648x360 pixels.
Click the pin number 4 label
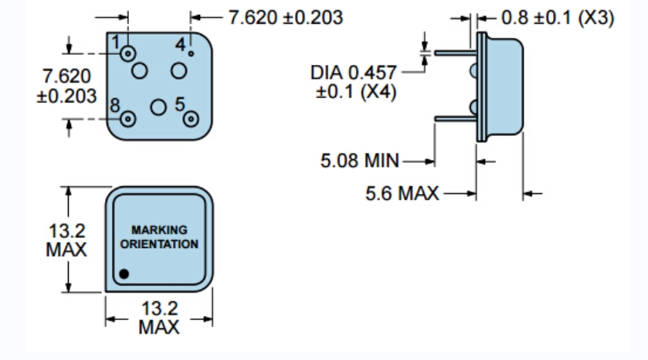tap(180, 45)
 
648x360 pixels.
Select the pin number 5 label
tap(180, 102)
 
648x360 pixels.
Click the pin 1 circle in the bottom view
tap(127, 54)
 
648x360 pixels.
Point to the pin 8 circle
tap(127, 118)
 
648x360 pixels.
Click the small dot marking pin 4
tap(191, 53)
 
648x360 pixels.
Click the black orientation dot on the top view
tap(124, 273)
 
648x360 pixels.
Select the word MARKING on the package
tap(159, 230)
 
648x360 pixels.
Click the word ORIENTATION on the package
tap(159, 243)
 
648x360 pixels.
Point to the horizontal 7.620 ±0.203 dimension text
tap(286, 17)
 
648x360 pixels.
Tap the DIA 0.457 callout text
tap(353, 73)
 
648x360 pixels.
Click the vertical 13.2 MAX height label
tap(67, 239)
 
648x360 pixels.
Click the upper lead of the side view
tap(454, 53)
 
